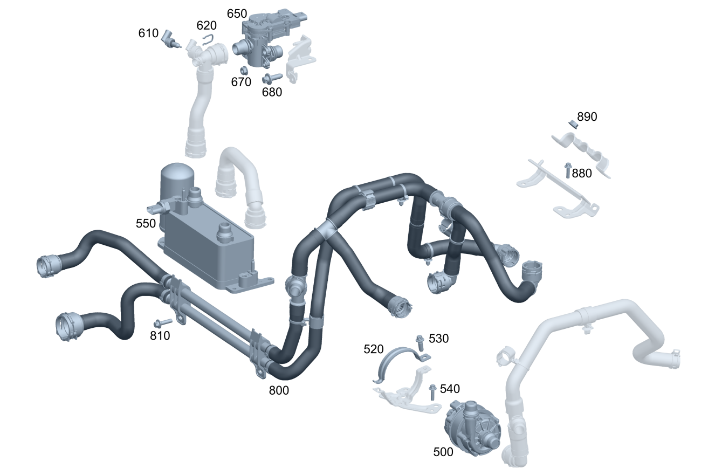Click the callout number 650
coord(237,13)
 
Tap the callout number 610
coord(148,33)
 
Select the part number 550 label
coord(146,223)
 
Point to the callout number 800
coord(279,390)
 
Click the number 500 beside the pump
coord(443,452)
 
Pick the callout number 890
coord(587,117)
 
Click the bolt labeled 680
coord(272,78)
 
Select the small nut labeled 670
coord(244,70)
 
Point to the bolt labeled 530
coord(420,343)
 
